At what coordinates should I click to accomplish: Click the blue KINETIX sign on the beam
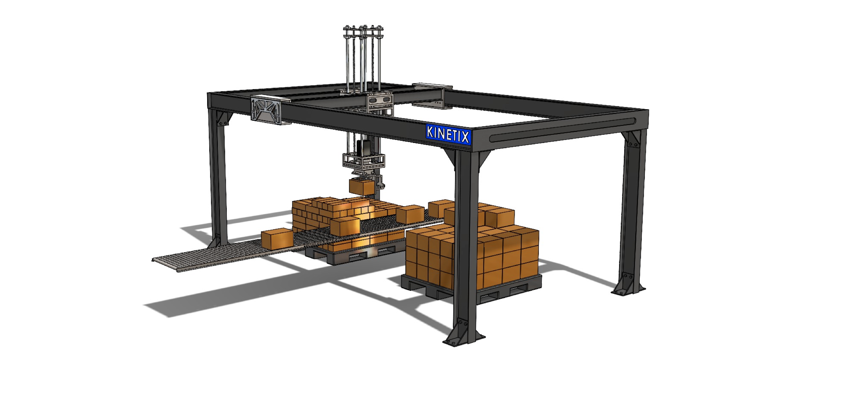tap(448, 134)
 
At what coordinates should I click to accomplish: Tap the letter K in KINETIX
tap(430, 131)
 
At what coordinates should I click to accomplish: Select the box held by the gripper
tap(361, 187)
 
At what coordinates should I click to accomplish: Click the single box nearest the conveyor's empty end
tap(277, 238)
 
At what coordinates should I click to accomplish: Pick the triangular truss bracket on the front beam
tap(266, 110)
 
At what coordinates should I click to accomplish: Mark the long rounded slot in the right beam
tap(563, 129)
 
